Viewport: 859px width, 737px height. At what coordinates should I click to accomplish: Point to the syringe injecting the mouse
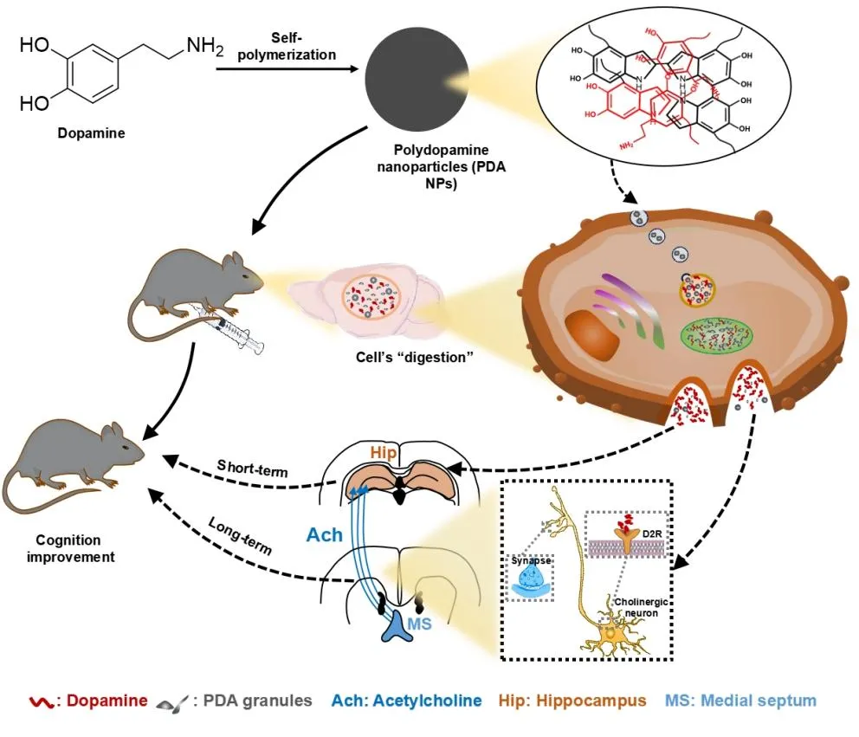[x=234, y=332]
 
